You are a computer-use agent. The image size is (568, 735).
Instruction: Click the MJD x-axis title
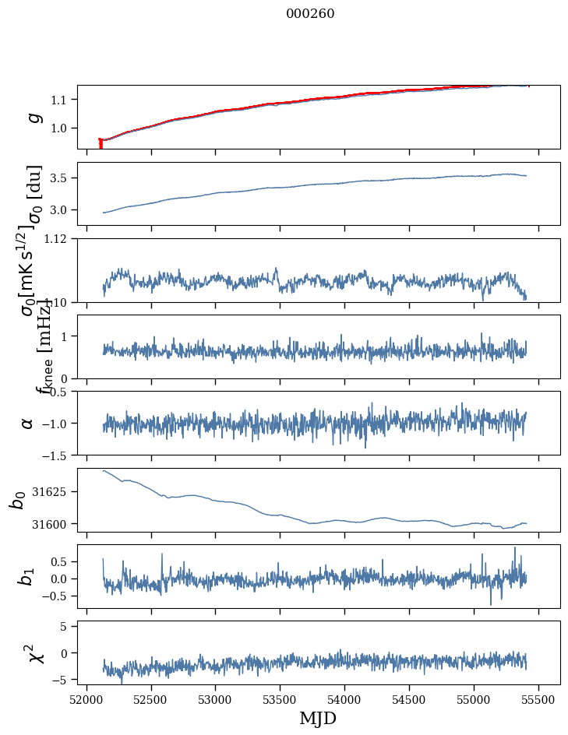pyautogui.click(x=318, y=719)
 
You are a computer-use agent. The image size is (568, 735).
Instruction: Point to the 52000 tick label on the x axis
pyautogui.click(x=86, y=698)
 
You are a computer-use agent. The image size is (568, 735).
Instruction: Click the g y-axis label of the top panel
pyautogui.click(x=33, y=117)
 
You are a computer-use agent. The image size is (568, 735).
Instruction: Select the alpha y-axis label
pyautogui.click(x=27, y=423)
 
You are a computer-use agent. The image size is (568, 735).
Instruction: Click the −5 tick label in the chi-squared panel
pyautogui.click(x=64, y=680)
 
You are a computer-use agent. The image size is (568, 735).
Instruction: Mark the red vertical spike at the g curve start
pyautogui.click(x=101, y=143)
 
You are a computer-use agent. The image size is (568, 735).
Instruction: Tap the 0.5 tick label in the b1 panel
pyautogui.click(x=62, y=561)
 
